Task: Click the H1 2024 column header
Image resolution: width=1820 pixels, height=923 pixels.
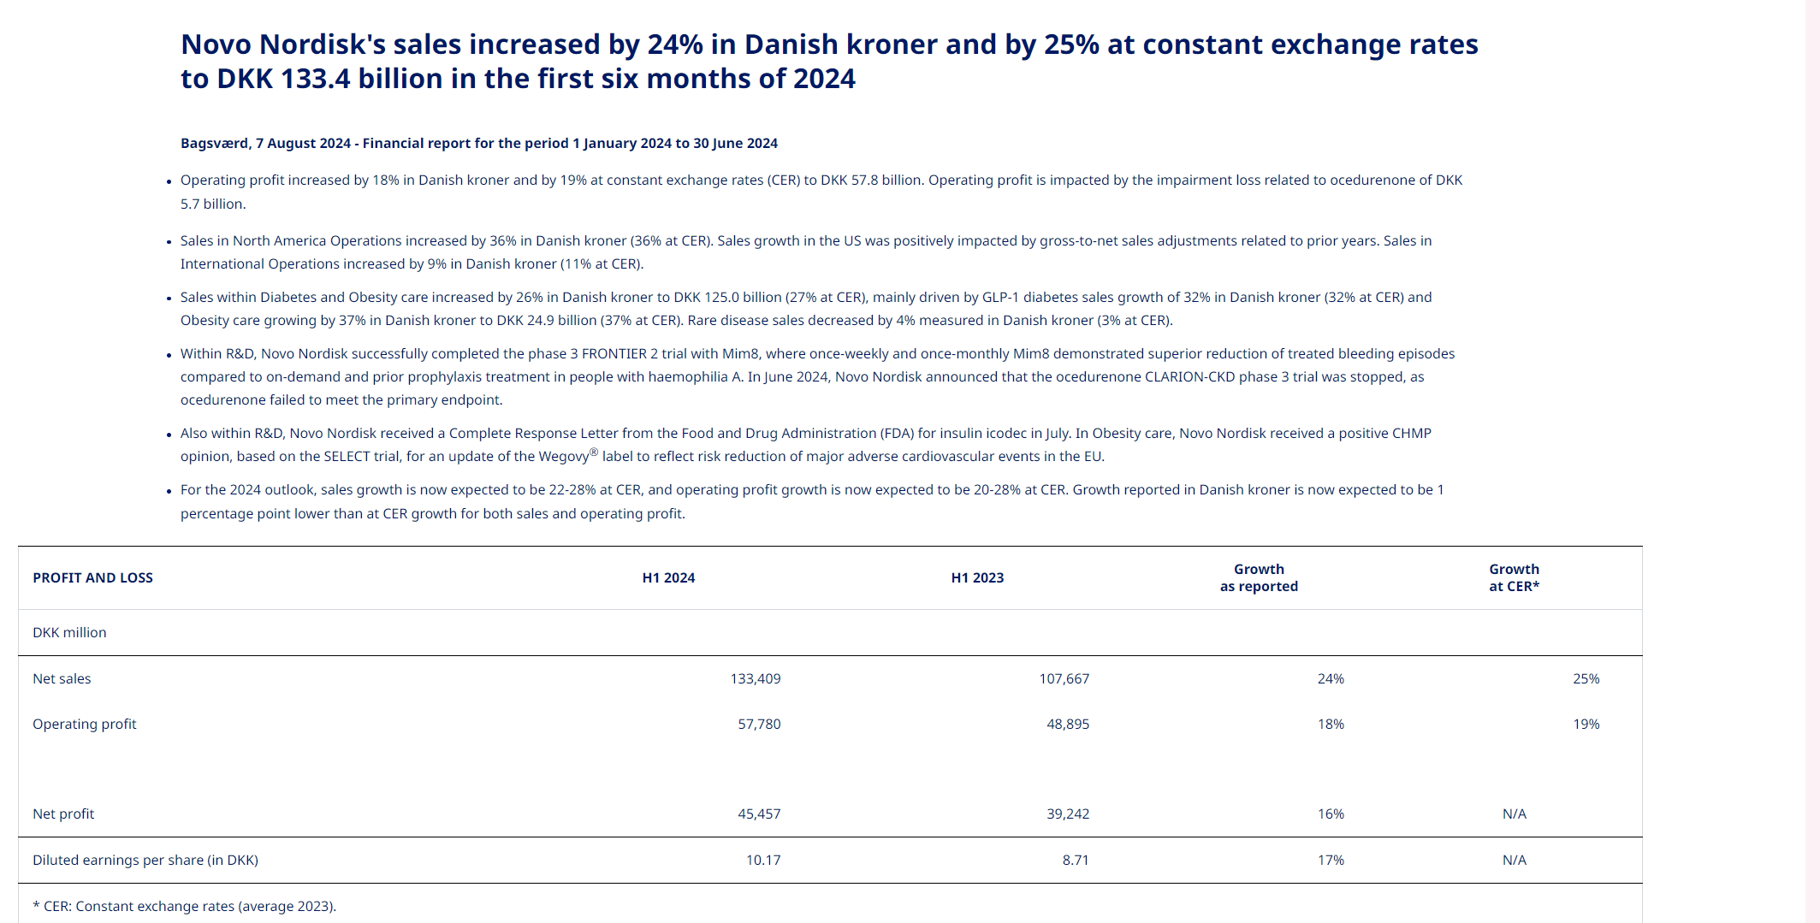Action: click(668, 578)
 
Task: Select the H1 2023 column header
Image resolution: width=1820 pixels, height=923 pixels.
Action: click(977, 578)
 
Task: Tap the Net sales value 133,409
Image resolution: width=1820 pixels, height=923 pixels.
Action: click(755, 679)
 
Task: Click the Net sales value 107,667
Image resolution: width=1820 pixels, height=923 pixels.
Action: click(1064, 679)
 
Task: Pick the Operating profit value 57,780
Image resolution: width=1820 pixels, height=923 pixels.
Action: click(759, 725)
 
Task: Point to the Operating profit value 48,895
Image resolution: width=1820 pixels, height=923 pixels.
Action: click(1068, 725)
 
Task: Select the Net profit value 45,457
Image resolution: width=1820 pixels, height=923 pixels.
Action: click(759, 814)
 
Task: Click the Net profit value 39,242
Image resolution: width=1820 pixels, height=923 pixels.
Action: click(1068, 814)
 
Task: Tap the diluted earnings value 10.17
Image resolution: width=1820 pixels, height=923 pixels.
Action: click(763, 861)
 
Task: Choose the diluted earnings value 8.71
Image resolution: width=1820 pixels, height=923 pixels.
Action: click(1076, 861)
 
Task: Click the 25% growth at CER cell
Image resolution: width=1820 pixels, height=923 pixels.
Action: click(1586, 679)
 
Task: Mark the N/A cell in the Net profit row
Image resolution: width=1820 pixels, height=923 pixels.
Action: click(1514, 814)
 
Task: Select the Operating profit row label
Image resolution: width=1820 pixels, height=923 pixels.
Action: click(85, 725)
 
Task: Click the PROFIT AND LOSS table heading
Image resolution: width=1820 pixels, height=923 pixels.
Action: click(92, 578)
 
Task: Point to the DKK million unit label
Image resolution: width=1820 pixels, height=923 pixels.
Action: click(69, 633)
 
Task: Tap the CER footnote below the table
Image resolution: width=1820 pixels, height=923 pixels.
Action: click(184, 907)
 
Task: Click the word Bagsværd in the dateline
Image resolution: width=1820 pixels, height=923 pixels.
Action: click(215, 144)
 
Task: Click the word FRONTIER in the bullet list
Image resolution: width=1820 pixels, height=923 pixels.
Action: click(614, 354)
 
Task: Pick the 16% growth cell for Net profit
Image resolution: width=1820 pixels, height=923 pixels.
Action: click(1331, 814)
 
